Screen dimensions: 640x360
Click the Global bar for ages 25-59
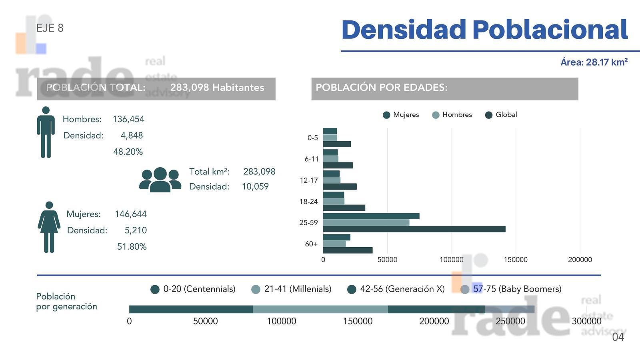click(x=414, y=229)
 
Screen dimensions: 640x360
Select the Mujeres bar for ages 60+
click(x=337, y=237)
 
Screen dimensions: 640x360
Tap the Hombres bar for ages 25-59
click(x=366, y=222)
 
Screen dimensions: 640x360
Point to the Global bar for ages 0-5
click(x=337, y=144)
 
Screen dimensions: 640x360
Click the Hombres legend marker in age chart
click(x=436, y=115)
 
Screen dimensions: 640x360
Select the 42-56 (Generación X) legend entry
click(x=396, y=289)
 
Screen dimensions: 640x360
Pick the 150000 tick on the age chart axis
click(x=516, y=260)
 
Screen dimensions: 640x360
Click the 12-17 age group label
click(x=309, y=180)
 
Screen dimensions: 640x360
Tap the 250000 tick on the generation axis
click(x=510, y=321)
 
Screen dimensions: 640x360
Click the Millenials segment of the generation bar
click(x=320, y=309)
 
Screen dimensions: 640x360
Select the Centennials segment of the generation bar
click(x=191, y=309)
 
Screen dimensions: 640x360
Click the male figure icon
click(x=46, y=132)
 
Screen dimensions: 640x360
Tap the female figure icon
click(x=49, y=227)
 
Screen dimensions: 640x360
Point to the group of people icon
click(x=160, y=180)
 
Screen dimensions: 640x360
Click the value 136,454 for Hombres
click(x=128, y=119)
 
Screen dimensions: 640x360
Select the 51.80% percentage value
click(x=132, y=246)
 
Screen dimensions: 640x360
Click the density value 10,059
click(x=256, y=186)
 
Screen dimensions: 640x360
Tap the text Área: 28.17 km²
click(x=594, y=62)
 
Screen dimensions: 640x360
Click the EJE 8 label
click(x=50, y=28)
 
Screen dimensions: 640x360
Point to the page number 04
click(x=618, y=337)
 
